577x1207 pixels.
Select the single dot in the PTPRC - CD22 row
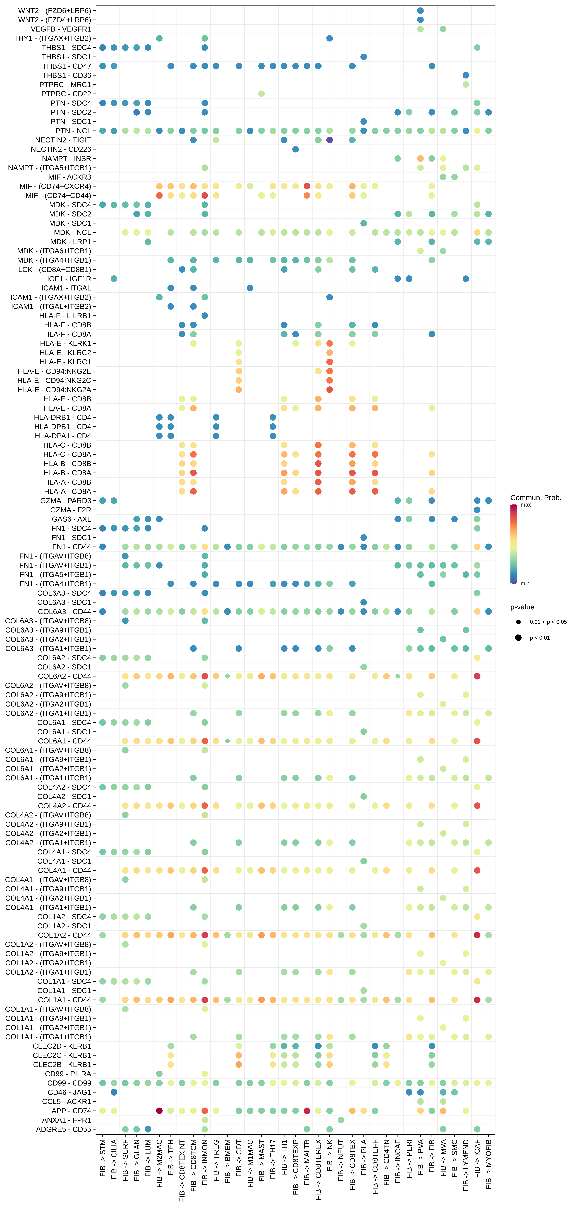point(261,94)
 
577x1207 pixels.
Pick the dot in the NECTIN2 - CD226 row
point(296,149)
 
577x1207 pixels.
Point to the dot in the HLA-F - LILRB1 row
point(205,315)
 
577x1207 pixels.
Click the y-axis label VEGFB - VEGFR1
point(61,29)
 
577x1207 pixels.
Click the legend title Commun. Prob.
point(535,498)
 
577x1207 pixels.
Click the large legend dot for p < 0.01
point(518,638)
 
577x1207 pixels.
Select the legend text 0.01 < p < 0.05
point(548,622)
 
